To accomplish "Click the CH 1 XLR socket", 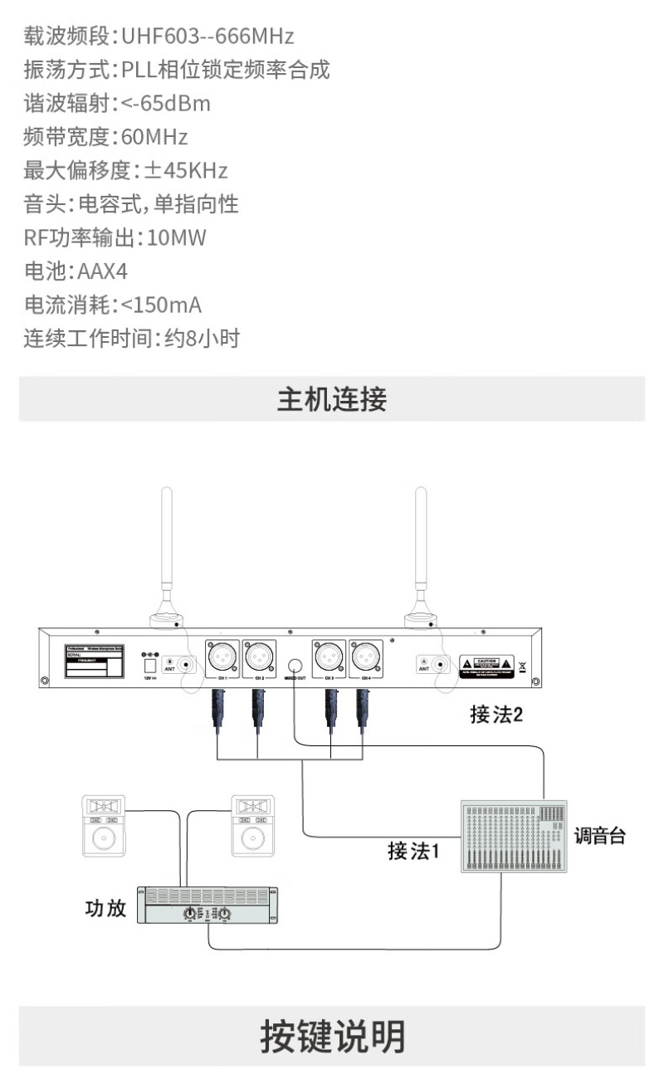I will [x=222, y=657].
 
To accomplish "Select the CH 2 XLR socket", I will [x=260, y=657].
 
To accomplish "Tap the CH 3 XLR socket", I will [x=329, y=657].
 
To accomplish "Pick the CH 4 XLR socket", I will [x=366, y=657].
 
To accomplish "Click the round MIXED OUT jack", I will [x=295, y=665].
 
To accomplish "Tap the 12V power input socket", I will [x=150, y=665].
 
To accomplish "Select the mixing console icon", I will [x=514, y=836].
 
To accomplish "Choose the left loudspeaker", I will [x=104, y=825].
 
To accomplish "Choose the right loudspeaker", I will [x=252, y=825].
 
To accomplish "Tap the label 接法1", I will [x=413, y=851].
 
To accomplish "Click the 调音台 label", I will [x=599, y=836].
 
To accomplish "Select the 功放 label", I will [x=105, y=908].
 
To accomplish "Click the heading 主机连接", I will [x=332, y=400].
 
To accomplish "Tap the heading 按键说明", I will [x=332, y=1036].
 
